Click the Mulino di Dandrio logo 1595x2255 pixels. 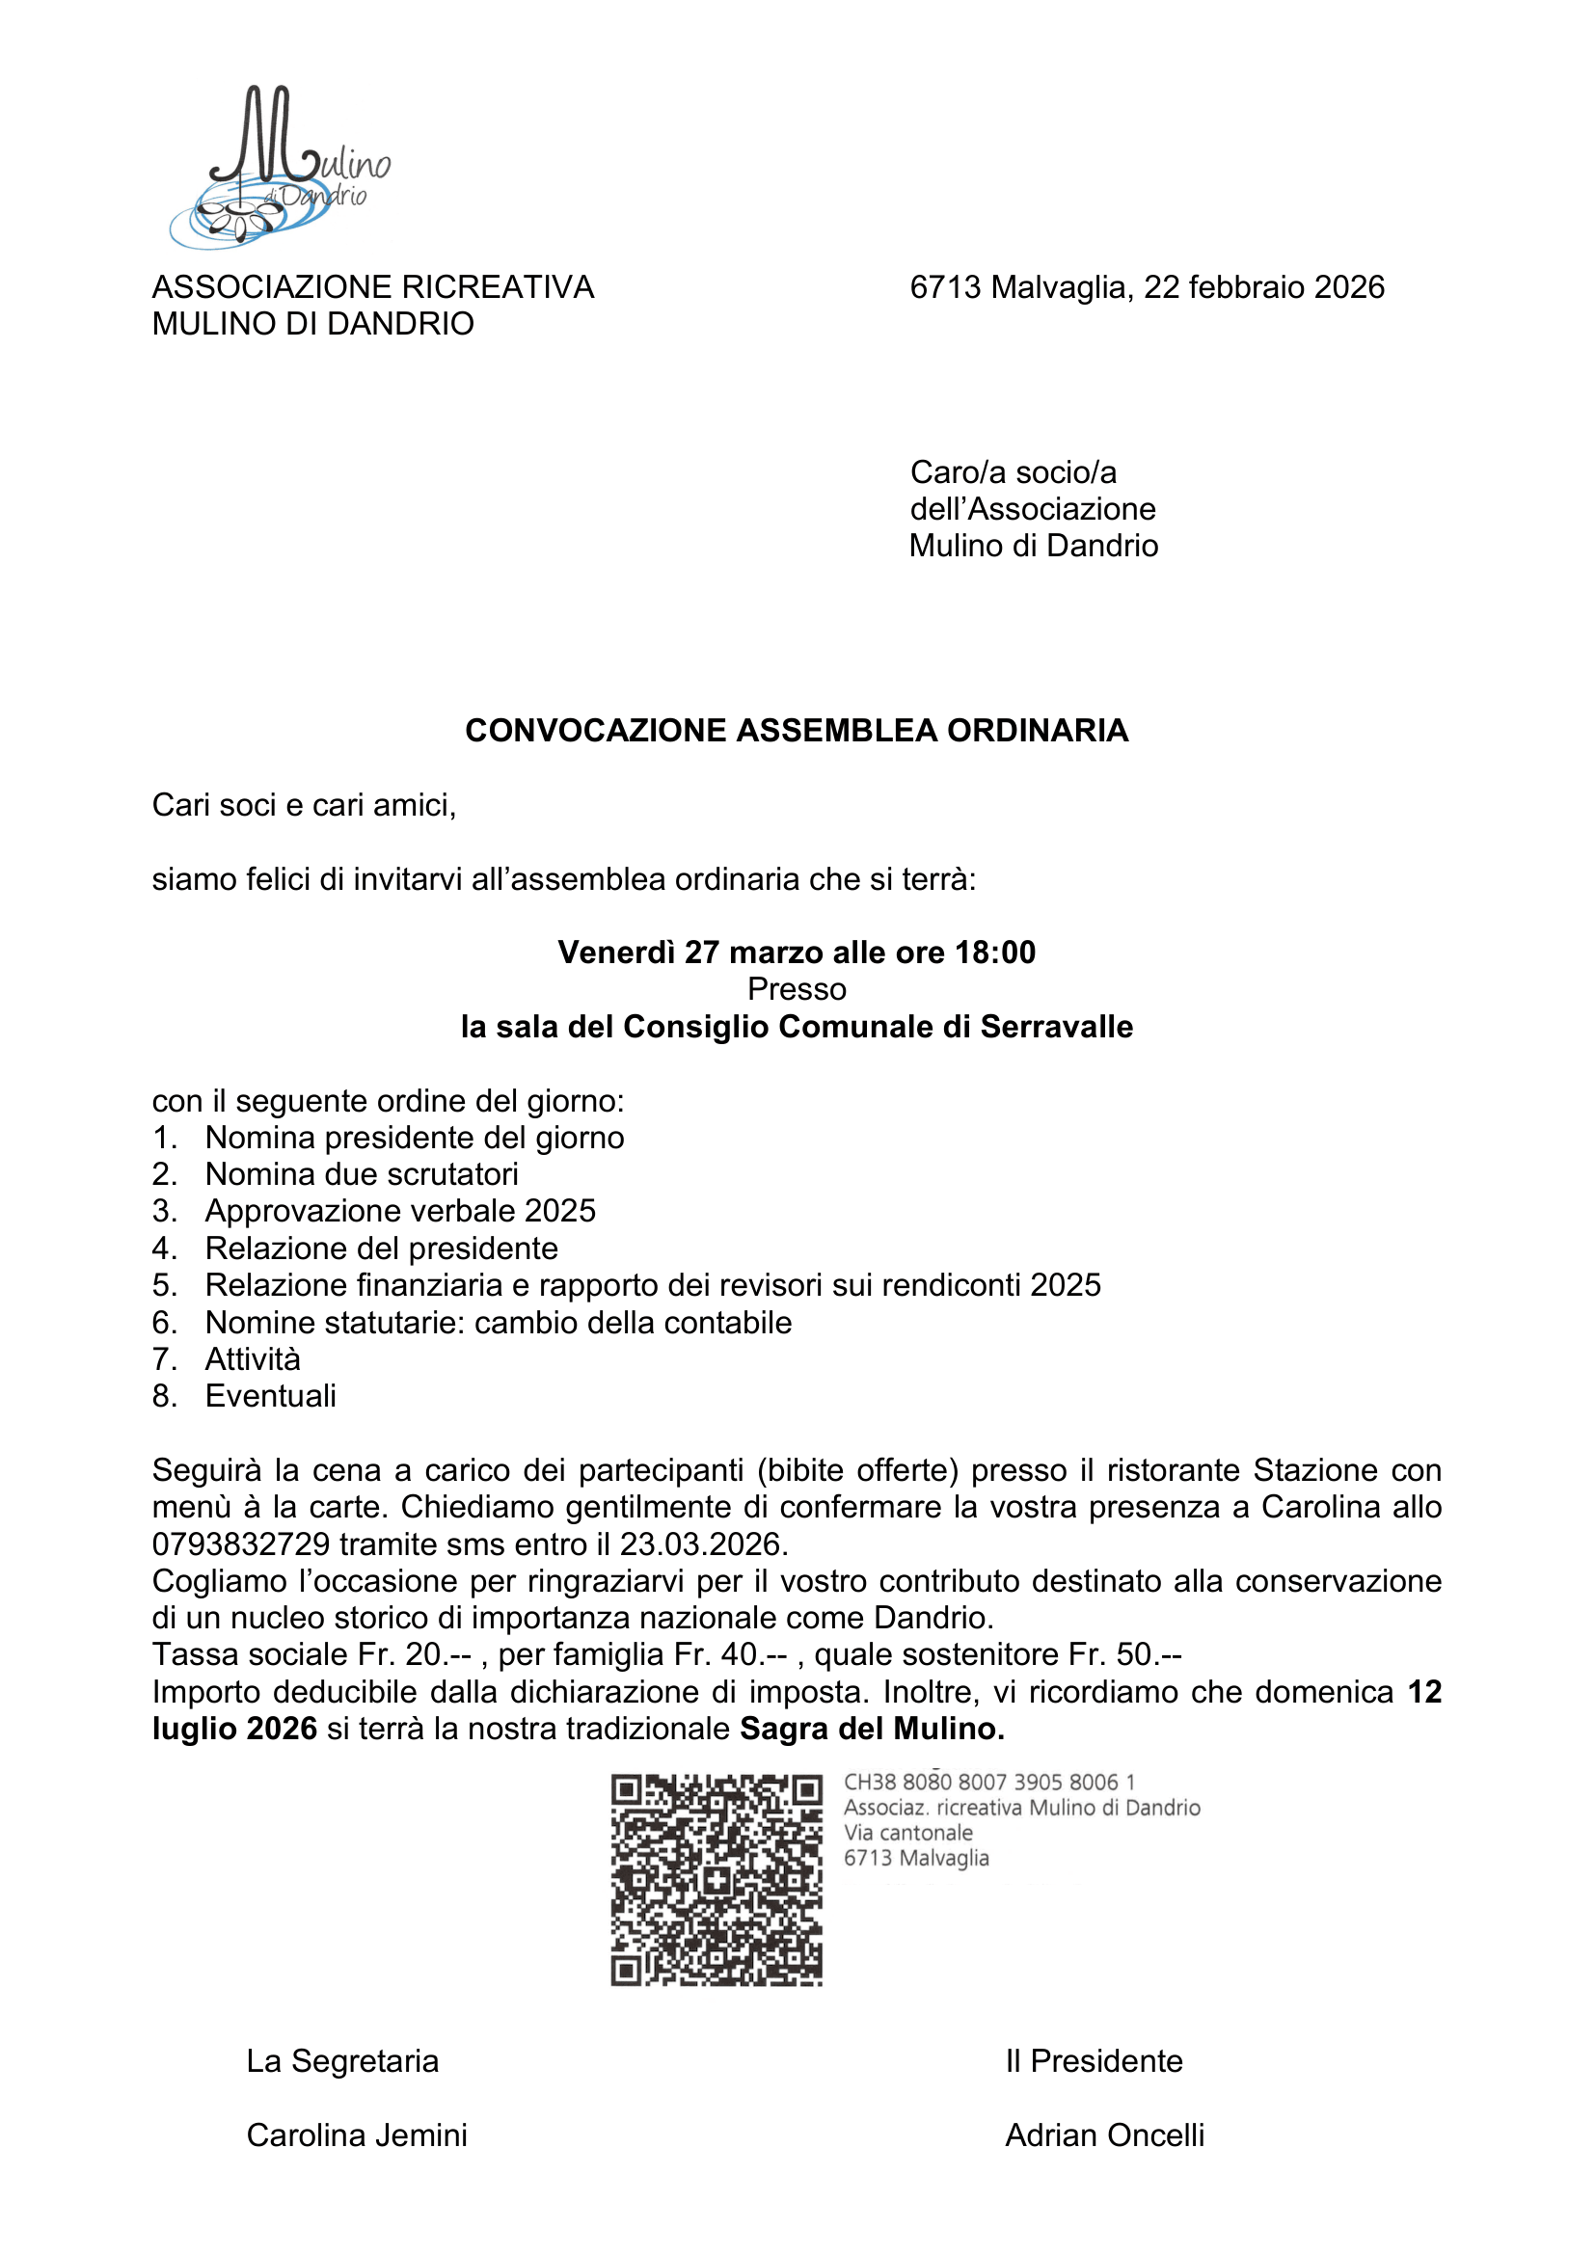(x=280, y=167)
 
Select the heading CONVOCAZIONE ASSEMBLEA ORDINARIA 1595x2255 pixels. (x=797, y=731)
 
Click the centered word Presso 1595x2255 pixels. (x=797, y=989)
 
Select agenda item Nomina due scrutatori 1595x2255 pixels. (x=362, y=1174)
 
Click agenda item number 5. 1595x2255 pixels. (x=164, y=1286)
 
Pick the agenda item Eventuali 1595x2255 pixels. (x=270, y=1397)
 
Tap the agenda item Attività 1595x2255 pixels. (x=253, y=1359)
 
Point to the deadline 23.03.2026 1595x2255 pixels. (x=702, y=1544)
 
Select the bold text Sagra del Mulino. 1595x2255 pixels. (x=872, y=1729)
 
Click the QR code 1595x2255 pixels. (x=716, y=1880)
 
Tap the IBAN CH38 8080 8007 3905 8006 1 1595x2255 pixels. (x=989, y=1783)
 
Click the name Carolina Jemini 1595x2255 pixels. (x=357, y=2135)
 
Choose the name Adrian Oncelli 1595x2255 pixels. (x=1104, y=2135)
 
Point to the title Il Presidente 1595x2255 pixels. (x=1094, y=2060)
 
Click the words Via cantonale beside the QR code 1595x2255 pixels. (x=907, y=1833)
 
